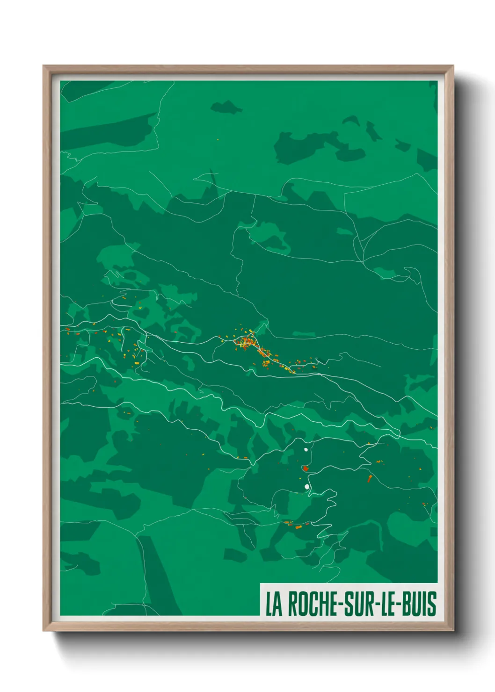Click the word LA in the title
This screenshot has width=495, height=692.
(274, 604)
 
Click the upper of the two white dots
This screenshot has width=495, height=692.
(306, 450)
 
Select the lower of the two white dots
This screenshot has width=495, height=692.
(307, 487)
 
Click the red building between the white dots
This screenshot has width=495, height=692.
(305, 468)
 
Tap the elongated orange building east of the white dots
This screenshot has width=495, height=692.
(370, 478)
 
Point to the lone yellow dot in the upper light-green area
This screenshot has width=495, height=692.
(218, 139)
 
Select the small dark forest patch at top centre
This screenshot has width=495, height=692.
(226, 108)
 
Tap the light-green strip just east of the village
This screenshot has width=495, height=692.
(304, 334)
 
